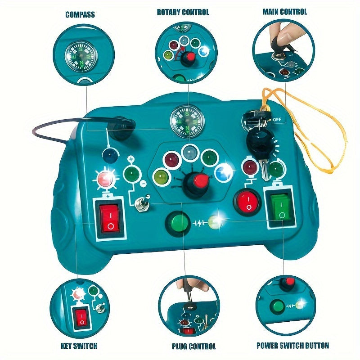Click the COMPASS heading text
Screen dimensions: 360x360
point(80,14)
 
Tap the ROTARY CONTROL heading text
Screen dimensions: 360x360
point(183,12)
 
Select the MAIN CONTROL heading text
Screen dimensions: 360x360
point(285,12)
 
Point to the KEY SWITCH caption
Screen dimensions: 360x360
point(79,346)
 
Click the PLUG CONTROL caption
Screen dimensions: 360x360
point(194,346)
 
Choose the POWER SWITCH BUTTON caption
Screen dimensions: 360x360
point(293,345)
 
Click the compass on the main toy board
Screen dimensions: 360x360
point(187,121)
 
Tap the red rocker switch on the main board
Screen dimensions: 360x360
point(109,218)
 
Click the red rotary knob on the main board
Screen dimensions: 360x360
point(201,181)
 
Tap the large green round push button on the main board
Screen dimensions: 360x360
point(178,223)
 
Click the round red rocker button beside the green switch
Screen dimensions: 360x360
point(247,202)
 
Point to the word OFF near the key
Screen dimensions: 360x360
point(277,120)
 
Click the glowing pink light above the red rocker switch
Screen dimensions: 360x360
point(105,178)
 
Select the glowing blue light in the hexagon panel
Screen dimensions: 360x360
point(223,172)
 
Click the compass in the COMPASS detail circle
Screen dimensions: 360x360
point(81,56)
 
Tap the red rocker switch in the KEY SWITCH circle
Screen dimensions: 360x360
point(81,318)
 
